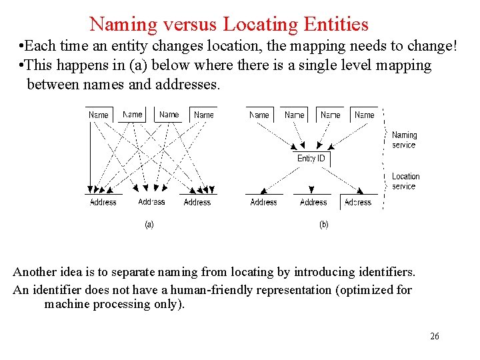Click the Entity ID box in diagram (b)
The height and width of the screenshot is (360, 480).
click(x=311, y=158)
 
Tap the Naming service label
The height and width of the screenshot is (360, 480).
click(x=404, y=140)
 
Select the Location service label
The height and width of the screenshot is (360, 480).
click(x=405, y=181)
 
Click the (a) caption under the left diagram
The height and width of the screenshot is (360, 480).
click(x=149, y=225)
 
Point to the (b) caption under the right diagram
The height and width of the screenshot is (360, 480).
click(x=324, y=225)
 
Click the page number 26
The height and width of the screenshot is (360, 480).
click(x=435, y=336)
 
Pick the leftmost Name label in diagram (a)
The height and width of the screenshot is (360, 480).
click(x=99, y=115)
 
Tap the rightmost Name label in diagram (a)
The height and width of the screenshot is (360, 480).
click(x=203, y=115)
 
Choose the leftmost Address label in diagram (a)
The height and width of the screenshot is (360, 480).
click(x=103, y=202)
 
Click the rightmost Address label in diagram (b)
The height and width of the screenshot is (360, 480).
click(x=358, y=202)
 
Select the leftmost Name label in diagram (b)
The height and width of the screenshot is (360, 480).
click(x=259, y=115)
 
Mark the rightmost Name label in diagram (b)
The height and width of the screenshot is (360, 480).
click(x=364, y=115)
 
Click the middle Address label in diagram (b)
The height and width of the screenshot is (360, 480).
click(x=313, y=202)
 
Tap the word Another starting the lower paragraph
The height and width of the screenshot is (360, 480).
click(x=35, y=272)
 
